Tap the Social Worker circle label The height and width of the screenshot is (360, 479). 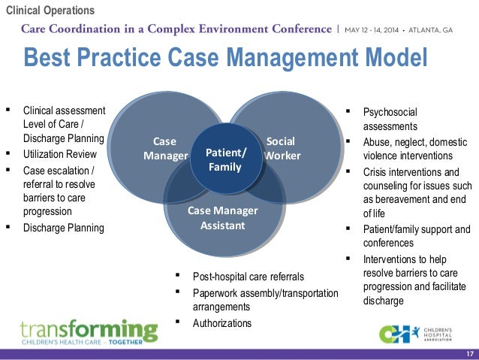(282, 149)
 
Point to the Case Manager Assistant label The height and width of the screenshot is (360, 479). (222, 217)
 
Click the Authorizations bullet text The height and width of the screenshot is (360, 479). (222, 323)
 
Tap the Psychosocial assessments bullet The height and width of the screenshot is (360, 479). (390, 119)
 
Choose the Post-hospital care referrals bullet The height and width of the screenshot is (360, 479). (248, 277)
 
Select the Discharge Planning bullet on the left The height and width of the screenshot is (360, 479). (64, 228)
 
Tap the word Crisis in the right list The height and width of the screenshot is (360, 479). (376, 172)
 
